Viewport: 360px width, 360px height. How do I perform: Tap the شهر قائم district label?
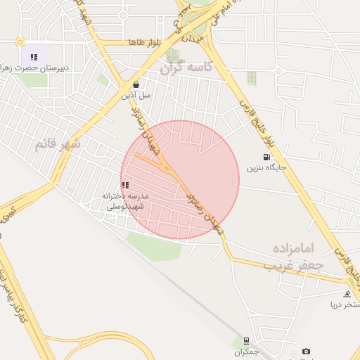point(58,145)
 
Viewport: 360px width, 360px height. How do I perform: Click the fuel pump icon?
point(266,157)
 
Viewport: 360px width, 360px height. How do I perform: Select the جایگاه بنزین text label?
point(262,169)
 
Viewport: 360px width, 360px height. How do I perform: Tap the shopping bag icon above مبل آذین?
point(135,84)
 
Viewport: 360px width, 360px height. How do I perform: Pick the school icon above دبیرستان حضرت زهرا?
point(33,57)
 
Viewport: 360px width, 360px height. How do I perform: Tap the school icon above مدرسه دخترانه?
point(125,185)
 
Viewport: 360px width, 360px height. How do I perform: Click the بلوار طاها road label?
point(145,43)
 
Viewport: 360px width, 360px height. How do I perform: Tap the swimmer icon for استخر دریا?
point(347,294)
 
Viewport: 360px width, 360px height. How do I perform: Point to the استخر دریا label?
point(344,305)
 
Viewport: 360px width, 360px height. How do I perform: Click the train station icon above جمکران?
point(246,340)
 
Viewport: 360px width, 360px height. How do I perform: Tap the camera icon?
point(306,352)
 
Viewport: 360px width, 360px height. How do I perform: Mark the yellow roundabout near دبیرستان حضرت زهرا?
point(20,41)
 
